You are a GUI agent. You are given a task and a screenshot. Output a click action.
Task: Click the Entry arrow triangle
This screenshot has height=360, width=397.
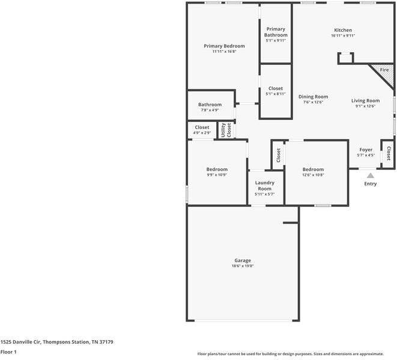coord(371,176)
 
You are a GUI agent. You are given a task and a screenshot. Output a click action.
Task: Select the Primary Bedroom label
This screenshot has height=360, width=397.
coord(224,46)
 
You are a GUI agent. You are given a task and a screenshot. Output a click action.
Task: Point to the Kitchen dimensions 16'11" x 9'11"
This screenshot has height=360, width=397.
coord(343,35)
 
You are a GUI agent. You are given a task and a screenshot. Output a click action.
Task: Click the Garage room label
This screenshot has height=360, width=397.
coord(243,260)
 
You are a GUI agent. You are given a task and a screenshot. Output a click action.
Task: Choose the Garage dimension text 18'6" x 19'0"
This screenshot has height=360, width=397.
coord(243,266)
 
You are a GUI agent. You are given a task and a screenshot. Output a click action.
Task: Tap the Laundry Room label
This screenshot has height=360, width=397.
coord(265,185)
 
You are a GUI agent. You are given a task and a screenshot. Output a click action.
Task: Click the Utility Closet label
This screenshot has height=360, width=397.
coord(226,130)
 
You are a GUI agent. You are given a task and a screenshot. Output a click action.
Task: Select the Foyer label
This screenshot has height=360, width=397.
coord(366,150)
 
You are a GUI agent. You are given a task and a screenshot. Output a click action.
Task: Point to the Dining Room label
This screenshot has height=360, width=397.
coord(313,97)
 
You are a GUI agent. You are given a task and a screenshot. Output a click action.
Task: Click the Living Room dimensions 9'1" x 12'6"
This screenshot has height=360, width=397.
coord(365,106)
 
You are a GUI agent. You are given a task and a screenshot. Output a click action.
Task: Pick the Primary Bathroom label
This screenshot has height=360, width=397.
coord(276,32)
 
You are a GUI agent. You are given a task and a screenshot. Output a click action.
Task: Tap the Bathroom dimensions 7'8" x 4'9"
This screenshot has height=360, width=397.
coord(210,110)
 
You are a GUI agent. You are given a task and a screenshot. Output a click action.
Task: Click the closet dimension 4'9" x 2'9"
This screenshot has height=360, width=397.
coord(202,133)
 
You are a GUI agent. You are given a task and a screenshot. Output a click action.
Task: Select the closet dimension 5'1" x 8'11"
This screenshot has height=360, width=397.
coord(276,94)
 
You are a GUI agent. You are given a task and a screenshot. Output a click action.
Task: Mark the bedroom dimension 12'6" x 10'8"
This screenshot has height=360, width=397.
coord(313,175)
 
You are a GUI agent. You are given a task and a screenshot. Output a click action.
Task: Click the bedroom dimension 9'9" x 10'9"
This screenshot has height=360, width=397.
coord(217,175)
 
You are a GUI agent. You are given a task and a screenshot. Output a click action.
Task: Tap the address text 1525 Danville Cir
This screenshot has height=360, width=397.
coord(20,342)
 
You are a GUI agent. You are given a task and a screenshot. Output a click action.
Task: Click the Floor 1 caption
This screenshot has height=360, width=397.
coord(8,352)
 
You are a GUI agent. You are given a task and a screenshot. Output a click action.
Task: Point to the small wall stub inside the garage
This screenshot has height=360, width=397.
coord(291,223)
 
